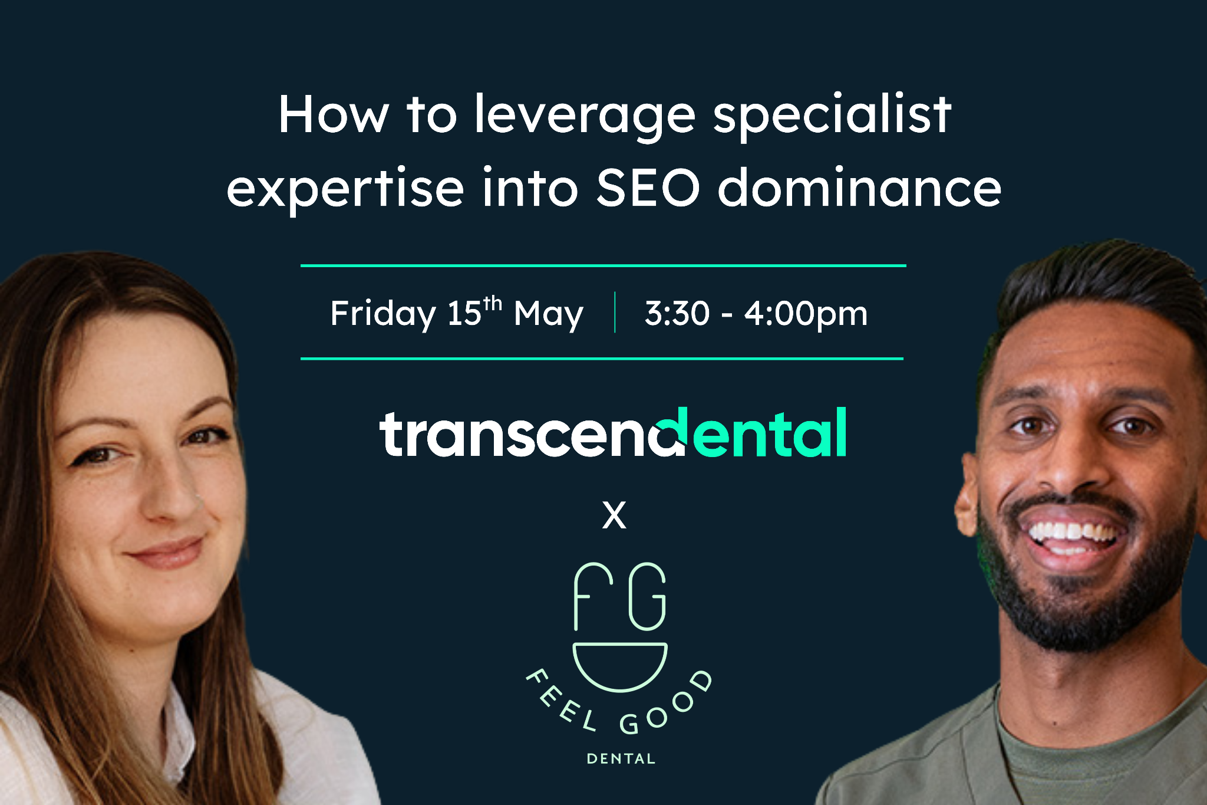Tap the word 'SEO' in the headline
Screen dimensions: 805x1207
tap(648, 188)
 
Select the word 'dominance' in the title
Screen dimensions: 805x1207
tap(859, 188)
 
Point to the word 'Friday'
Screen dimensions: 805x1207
tap(382, 313)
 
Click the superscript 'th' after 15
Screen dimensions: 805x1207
tap(493, 303)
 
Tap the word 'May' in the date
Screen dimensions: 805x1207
tap(548, 314)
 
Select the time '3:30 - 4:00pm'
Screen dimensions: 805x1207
tap(756, 313)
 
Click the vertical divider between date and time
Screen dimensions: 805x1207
tap(615, 313)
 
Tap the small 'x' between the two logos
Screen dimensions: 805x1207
tap(614, 515)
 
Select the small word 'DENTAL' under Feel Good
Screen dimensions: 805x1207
tap(621, 759)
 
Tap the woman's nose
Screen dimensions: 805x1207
tap(171, 495)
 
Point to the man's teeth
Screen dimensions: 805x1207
tap(1073, 534)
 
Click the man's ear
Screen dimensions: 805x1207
tap(967, 495)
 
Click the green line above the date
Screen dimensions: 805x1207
tap(603, 266)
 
